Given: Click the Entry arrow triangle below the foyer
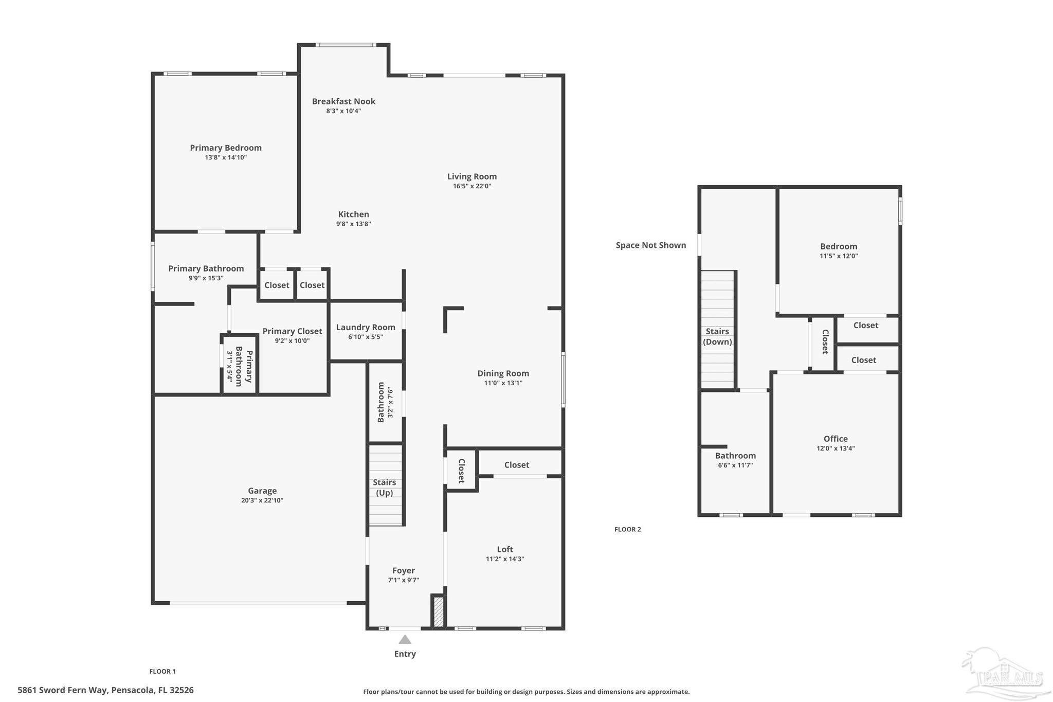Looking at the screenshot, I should click(405, 640).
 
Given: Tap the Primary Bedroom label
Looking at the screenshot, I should click(226, 148).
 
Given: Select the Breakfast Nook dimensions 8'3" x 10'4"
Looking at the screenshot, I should click(343, 111).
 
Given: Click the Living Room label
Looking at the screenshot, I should click(471, 176).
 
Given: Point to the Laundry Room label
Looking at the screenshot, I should click(366, 327).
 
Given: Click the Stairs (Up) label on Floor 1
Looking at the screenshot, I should click(385, 487).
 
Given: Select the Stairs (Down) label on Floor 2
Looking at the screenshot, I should click(717, 336).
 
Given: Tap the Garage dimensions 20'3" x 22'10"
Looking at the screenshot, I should click(262, 500).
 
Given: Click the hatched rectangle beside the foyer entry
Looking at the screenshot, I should click(439, 611).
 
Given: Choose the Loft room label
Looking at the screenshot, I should click(505, 549).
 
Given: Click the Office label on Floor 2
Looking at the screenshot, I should click(836, 439).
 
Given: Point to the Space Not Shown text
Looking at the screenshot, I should click(651, 245).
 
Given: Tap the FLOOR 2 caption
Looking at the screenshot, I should click(627, 529).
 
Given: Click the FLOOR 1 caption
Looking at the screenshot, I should click(162, 671).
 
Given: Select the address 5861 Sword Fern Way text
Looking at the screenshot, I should click(105, 690).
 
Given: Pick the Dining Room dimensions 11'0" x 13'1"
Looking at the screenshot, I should click(503, 383).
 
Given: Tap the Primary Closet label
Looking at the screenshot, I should click(292, 331).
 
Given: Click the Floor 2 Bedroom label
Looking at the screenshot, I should click(839, 246).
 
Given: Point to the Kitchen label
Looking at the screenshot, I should click(353, 214).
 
